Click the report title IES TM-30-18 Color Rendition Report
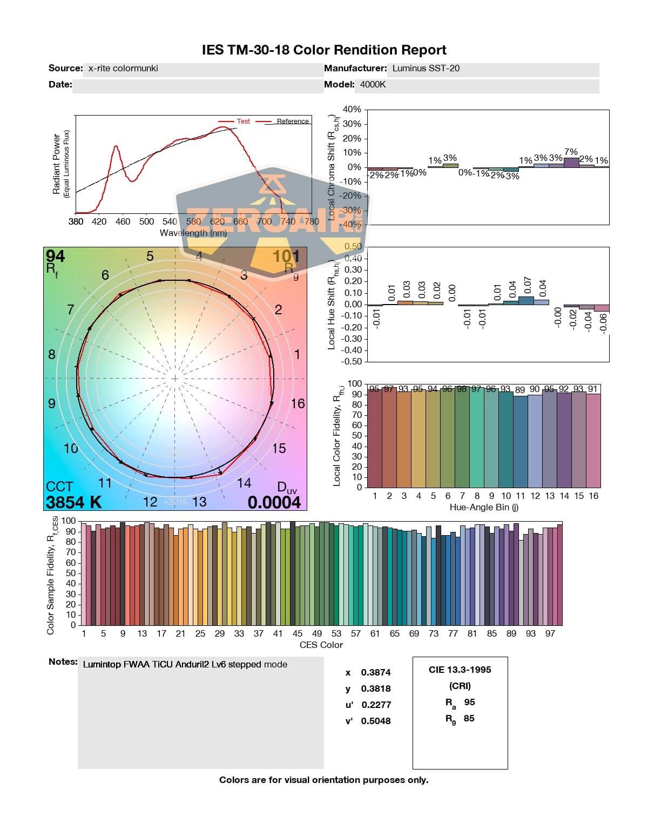324,50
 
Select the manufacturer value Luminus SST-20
426,68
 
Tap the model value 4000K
373,84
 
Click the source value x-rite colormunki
123,68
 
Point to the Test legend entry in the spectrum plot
243,122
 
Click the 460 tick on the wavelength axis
123,221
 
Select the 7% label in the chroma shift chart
571,152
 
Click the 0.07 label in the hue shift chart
528,285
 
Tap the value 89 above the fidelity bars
520,390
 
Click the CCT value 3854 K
73,502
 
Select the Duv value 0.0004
274,502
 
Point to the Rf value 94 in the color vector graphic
55,256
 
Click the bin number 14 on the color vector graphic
244,483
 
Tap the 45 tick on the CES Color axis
298,633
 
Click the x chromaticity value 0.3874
376,672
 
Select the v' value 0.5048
376,721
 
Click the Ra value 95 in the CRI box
469,702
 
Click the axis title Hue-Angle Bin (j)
484,508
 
